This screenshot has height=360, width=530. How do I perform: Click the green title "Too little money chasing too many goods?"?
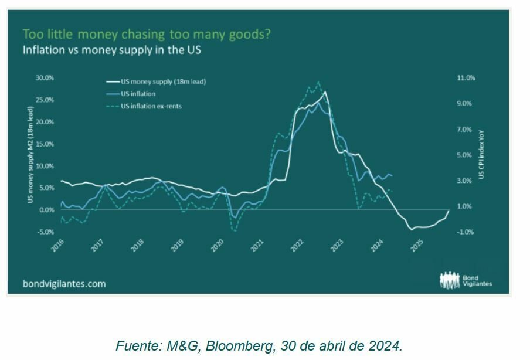(x=147, y=34)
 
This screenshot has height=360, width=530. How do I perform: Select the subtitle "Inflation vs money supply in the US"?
(x=111, y=50)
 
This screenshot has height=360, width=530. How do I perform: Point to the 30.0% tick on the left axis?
(x=45, y=77)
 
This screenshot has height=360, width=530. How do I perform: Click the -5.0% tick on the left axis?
(x=45, y=232)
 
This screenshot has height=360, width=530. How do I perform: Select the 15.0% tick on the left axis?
(x=45, y=144)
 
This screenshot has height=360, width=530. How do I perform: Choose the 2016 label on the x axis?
(x=57, y=246)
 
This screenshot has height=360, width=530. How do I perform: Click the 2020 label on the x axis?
(x=218, y=246)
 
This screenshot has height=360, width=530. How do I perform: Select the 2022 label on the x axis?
(x=297, y=246)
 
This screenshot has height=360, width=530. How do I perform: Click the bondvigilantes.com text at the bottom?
(x=64, y=283)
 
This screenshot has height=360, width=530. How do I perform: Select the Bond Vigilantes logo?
(x=466, y=280)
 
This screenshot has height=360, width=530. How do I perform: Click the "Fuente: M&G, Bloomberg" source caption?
(x=259, y=345)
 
